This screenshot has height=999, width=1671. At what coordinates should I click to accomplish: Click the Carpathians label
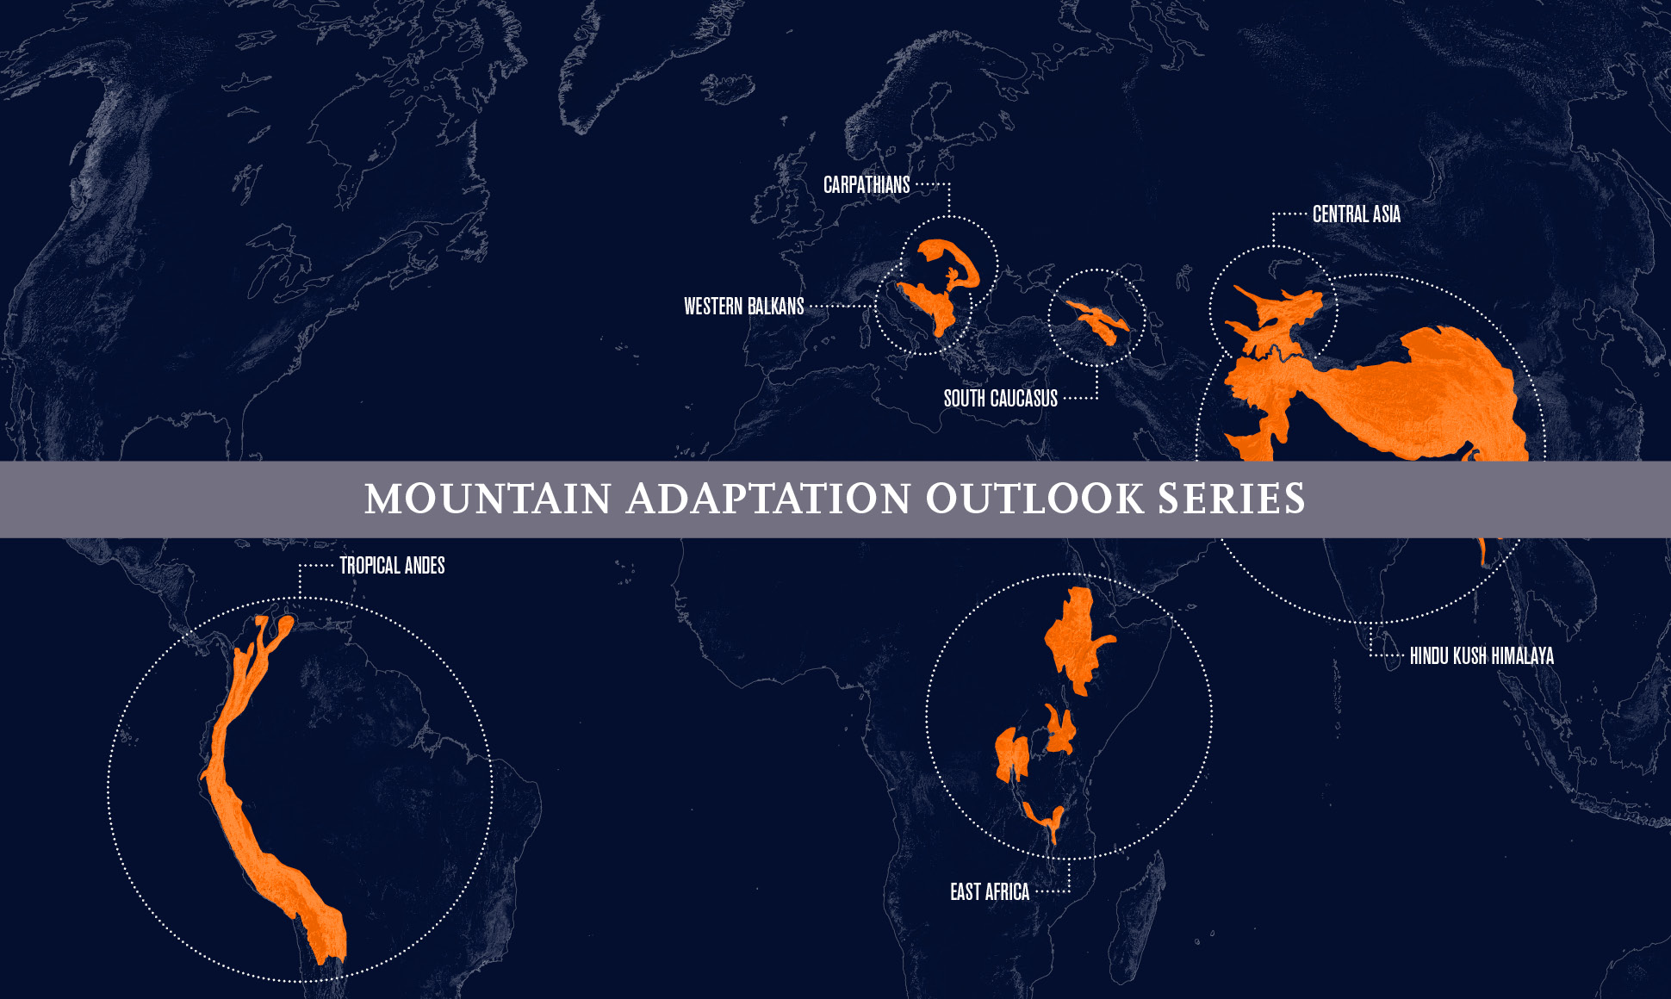[x=867, y=185]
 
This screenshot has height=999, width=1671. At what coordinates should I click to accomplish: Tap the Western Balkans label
[x=743, y=307]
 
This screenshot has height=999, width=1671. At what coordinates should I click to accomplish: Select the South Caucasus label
[x=1000, y=399]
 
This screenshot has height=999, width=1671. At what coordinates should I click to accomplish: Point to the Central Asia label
[x=1356, y=214]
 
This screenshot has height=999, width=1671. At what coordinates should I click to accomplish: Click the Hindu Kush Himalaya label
[x=1482, y=656]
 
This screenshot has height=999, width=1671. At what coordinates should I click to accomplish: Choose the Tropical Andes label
[x=392, y=566]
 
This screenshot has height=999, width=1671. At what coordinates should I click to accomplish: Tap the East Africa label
[x=990, y=892]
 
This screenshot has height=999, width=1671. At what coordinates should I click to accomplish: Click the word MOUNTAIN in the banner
[x=488, y=499]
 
